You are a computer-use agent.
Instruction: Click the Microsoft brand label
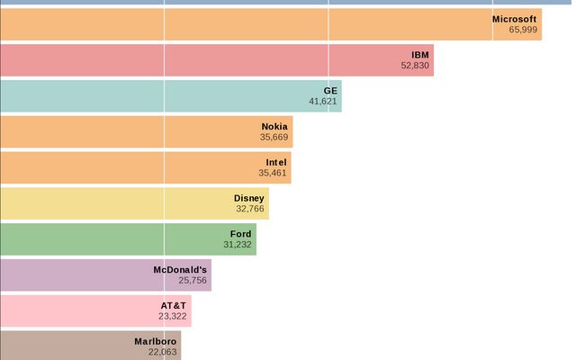pos(515,18)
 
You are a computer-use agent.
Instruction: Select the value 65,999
pos(523,30)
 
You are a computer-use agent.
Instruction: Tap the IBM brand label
pos(420,54)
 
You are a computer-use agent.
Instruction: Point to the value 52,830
pos(415,66)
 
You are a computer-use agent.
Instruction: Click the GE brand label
pos(330,90)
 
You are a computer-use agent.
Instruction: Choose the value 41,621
pos(323,102)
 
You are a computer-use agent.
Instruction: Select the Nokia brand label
pos(274,126)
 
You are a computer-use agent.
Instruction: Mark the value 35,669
pos(274,138)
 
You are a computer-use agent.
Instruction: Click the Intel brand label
pos(276,162)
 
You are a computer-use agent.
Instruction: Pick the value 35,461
pos(272,174)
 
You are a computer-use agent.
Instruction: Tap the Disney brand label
pos(249,198)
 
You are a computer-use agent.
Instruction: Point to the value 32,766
pos(250,210)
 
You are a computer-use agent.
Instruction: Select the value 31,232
pos(238,245)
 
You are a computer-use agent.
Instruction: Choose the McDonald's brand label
pos(181,269)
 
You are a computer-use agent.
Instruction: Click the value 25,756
pos(193,281)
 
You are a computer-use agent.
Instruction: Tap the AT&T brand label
pos(174,305)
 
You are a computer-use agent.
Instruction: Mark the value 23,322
pos(173,317)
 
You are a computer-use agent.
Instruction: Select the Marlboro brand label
pos(156,341)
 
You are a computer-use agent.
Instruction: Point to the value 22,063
pos(162,353)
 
